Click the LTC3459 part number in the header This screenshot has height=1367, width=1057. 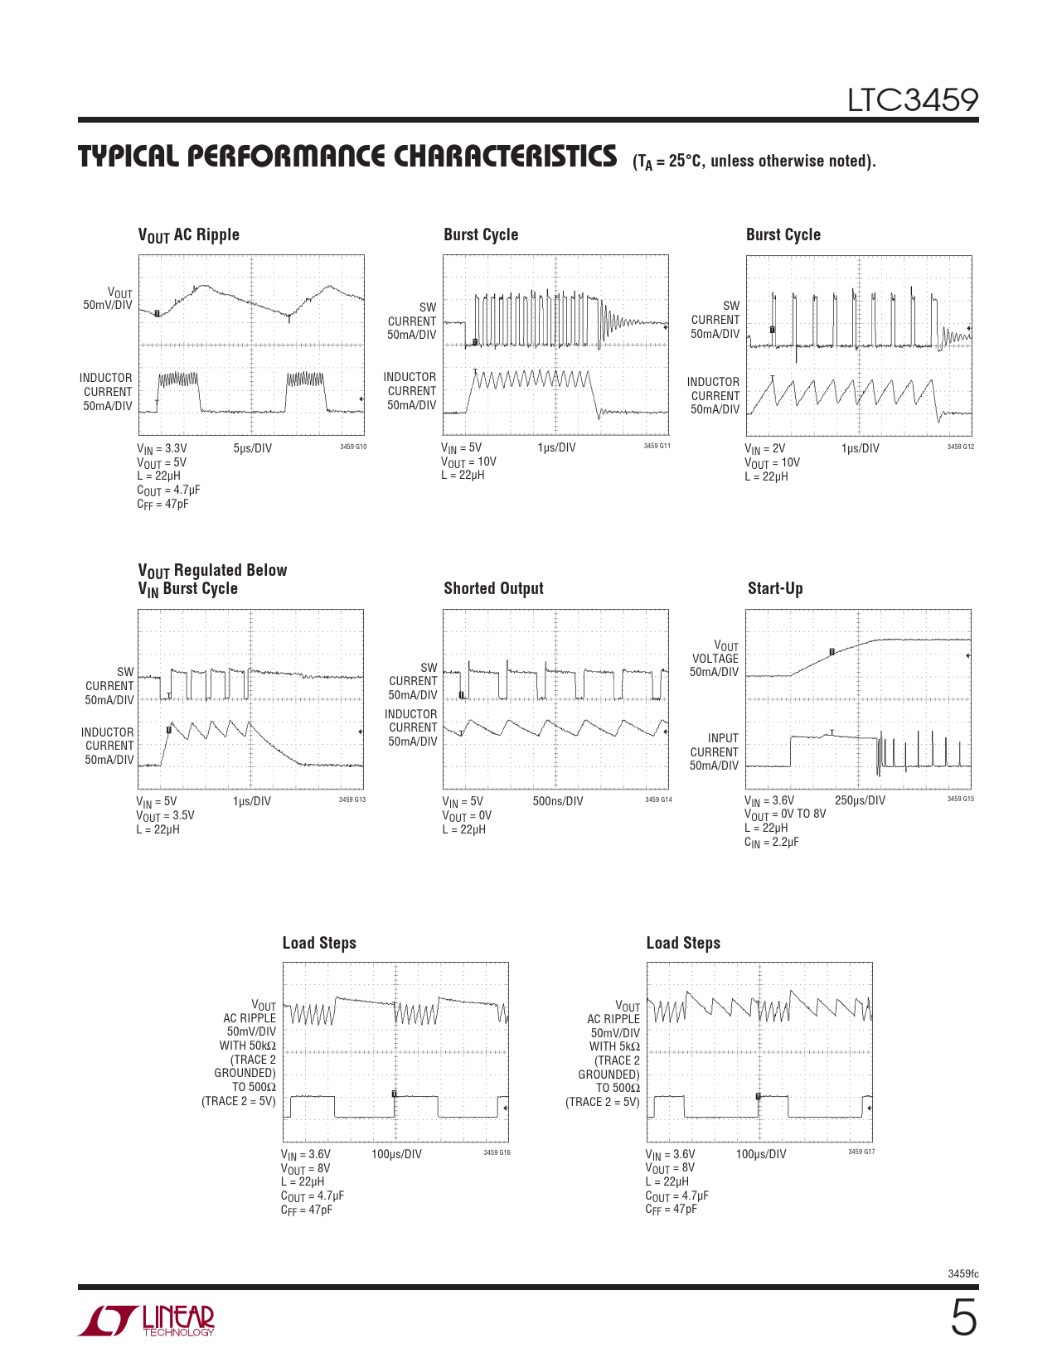tap(912, 101)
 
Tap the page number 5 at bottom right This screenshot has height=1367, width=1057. tap(962, 1318)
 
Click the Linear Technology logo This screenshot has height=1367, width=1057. tap(147, 1321)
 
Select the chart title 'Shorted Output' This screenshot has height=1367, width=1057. tap(493, 588)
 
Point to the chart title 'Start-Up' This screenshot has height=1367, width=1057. tap(775, 588)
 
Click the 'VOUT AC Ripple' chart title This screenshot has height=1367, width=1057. tap(188, 235)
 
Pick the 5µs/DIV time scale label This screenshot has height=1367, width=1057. tap(252, 448)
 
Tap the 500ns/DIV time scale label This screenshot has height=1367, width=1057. tap(557, 801)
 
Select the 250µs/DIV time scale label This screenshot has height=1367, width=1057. tap(860, 800)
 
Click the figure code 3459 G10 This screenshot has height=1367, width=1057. tap(353, 447)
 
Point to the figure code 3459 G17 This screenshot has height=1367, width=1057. tap(861, 1152)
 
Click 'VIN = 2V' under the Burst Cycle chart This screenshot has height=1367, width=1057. tap(764, 449)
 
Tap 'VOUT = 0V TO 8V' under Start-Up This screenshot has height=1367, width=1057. tap(785, 814)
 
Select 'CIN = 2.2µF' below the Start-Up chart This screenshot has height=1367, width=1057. tap(772, 843)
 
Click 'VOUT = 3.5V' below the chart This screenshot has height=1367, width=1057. tap(165, 816)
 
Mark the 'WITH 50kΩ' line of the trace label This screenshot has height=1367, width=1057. tap(247, 1046)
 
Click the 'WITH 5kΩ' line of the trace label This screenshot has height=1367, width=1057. tap(614, 1046)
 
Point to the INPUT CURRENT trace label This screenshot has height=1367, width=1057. tap(715, 745)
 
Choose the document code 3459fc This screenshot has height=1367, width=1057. tap(962, 1273)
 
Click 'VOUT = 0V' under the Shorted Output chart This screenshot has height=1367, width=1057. tap(467, 816)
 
